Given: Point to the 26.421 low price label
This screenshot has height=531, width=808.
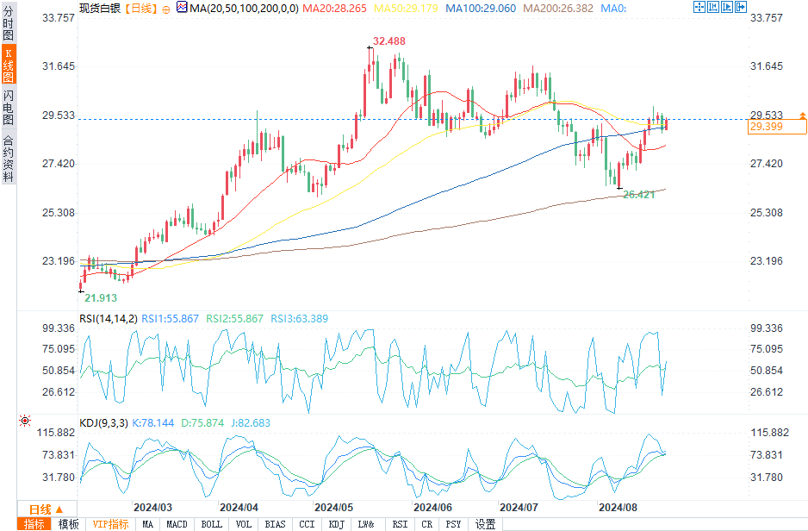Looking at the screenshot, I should tap(641, 196).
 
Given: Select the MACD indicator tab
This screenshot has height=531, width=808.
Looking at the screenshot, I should tap(177, 524).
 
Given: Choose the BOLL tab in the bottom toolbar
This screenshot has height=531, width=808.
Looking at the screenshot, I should tap(211, 524).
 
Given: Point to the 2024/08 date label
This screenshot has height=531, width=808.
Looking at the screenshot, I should tap(619, 508).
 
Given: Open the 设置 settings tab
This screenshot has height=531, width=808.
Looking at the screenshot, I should tap(486, 524).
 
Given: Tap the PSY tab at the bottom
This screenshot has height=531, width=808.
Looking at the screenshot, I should tap(453, 524).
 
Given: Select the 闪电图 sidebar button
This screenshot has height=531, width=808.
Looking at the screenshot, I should tap(9, 108).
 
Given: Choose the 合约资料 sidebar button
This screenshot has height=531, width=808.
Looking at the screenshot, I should tap(9, 159).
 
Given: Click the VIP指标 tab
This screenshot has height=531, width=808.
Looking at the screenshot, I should tap(111, 524).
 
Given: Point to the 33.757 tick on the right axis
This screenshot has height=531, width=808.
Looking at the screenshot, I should tap(767, 17).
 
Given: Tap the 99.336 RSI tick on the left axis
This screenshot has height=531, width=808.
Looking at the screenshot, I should tap(53, 328).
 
